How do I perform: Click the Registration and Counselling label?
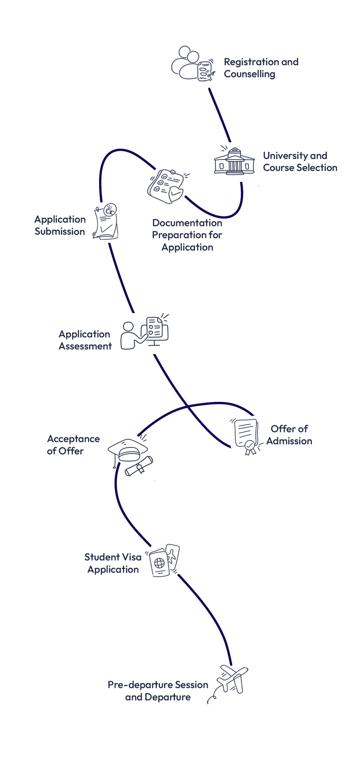261,68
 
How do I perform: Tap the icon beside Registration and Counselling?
193,64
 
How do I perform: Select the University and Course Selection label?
300,162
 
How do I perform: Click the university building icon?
236,165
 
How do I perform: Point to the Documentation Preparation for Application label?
187,235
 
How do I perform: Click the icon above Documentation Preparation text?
168,187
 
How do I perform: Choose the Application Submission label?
60,225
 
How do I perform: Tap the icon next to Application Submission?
105,221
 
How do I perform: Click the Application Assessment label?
85,340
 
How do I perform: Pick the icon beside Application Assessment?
144,331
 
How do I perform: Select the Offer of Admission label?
289,435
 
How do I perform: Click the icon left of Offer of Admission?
247,437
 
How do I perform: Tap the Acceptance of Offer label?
73,445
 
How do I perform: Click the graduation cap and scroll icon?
131,457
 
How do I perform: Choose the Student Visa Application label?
113,563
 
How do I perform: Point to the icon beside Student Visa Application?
164,560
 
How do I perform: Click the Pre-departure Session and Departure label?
158,691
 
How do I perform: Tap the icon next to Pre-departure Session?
227,684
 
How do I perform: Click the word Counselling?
250,74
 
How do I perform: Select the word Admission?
289,441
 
